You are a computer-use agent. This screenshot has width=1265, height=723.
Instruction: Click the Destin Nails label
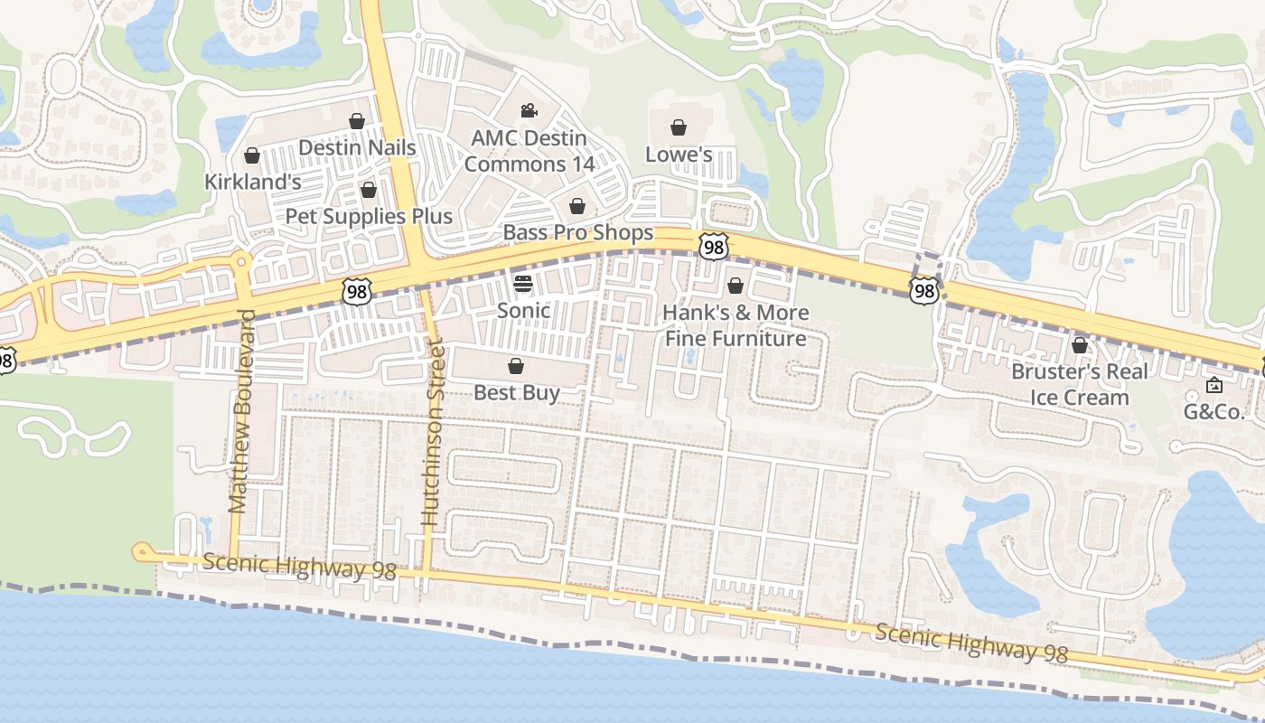357,147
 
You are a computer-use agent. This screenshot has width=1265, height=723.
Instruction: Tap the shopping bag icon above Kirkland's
252,156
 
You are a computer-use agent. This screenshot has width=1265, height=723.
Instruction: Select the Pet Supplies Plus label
369,216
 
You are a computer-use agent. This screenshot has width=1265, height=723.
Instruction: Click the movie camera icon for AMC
529,111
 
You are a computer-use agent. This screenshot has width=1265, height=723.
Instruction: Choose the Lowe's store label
679,155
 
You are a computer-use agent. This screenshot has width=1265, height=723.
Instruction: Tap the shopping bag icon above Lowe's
679,127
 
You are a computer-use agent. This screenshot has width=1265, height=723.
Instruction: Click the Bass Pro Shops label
577,233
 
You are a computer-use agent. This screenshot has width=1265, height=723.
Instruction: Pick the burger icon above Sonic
523,284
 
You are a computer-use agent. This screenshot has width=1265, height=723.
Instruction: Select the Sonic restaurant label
523,311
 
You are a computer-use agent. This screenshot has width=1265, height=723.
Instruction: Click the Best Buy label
517,392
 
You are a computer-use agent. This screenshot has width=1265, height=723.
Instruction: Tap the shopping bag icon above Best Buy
516,366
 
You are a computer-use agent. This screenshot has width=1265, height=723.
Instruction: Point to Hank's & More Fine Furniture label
736,325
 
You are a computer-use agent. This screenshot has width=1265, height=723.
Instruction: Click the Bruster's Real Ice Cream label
1080,384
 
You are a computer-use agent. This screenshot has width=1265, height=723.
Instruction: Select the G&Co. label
1213,412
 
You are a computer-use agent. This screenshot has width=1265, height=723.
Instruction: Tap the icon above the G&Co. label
1213,385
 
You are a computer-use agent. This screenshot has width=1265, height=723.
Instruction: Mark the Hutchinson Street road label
432,434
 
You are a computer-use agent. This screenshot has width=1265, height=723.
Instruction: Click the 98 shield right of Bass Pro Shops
713,245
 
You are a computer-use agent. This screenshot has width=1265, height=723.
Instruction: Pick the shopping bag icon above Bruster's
1079,345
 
